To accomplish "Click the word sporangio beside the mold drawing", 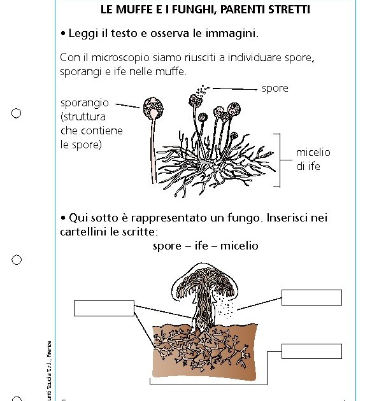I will pos(84,102).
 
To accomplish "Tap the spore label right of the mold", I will pos(275,88).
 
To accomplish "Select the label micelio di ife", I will pos(313,159).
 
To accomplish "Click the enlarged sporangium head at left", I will pos(152,108).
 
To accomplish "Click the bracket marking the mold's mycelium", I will pos(278,160).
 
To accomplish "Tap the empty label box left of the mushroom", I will pos(104,308).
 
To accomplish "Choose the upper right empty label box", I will pos(311,297).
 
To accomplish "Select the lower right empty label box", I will pos(311,351).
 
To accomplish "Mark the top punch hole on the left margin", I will pos(17,113).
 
